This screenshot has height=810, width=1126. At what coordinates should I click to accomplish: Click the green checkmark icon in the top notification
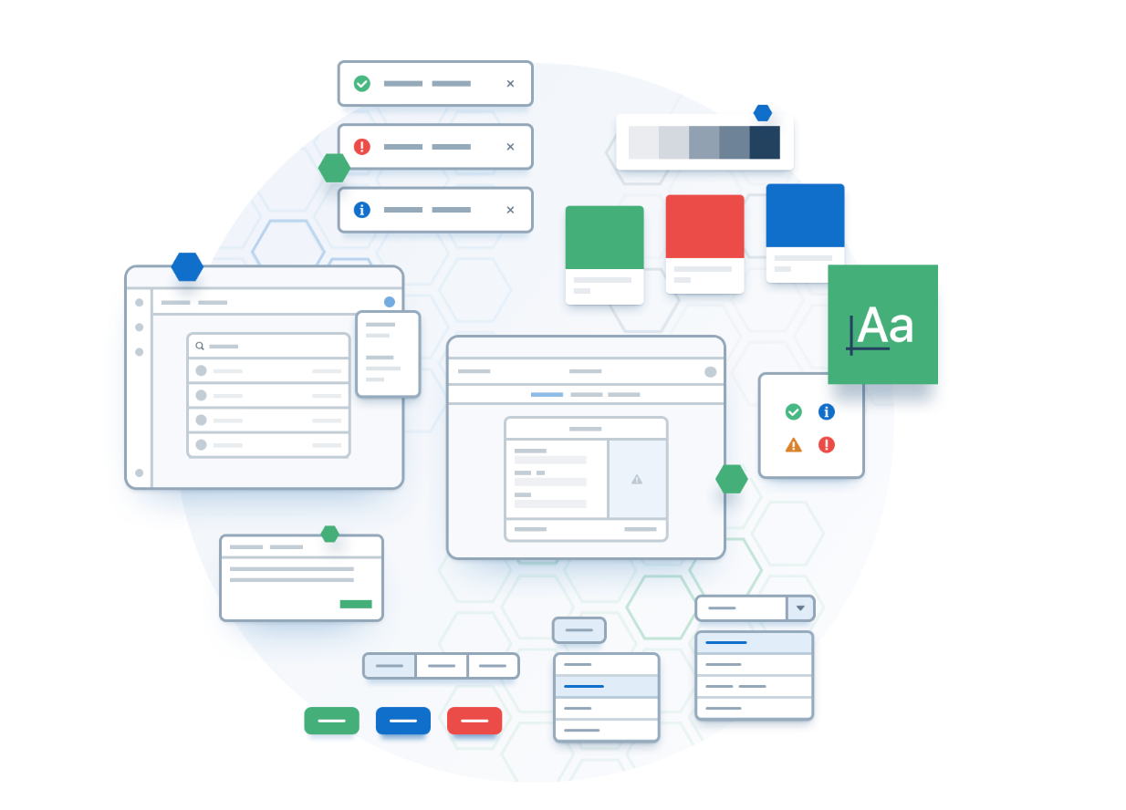[x=362, y=83]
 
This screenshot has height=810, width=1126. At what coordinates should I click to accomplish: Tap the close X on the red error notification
[x=510, y=147]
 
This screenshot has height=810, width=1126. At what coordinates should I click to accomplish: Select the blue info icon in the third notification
[x=362, y=210]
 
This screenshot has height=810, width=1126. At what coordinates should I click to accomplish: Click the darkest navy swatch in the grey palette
[x=765, y=142]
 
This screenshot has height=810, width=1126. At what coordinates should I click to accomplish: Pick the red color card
[x=704, y=244]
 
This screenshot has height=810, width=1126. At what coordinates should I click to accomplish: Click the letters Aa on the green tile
[x=885, y=325]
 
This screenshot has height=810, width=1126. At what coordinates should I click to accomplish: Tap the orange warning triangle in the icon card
[x=793, y=445]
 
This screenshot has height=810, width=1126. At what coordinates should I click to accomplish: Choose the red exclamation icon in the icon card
[x=827, y=445]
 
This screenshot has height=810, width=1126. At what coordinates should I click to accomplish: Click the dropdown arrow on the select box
[x=800, y=608]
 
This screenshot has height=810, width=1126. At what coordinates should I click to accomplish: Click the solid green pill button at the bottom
[x=332, y=720]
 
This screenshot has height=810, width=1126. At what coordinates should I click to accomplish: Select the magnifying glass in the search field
[x=200, y=346]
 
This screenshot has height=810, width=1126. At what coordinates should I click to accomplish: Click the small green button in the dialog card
[x=356, y=604]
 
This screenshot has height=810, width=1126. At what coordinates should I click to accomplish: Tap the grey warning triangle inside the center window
[x=637, y=480]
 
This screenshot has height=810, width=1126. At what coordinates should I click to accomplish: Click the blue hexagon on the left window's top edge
[x=187, y=267]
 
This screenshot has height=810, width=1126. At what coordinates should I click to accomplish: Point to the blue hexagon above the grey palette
[x=763, y=113]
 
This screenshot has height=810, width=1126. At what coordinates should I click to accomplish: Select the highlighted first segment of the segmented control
[x=390, y=666]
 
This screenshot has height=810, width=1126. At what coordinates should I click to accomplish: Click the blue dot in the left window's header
[x=389, y=302]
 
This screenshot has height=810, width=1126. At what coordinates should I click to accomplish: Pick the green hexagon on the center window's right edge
[x=732, y=479]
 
